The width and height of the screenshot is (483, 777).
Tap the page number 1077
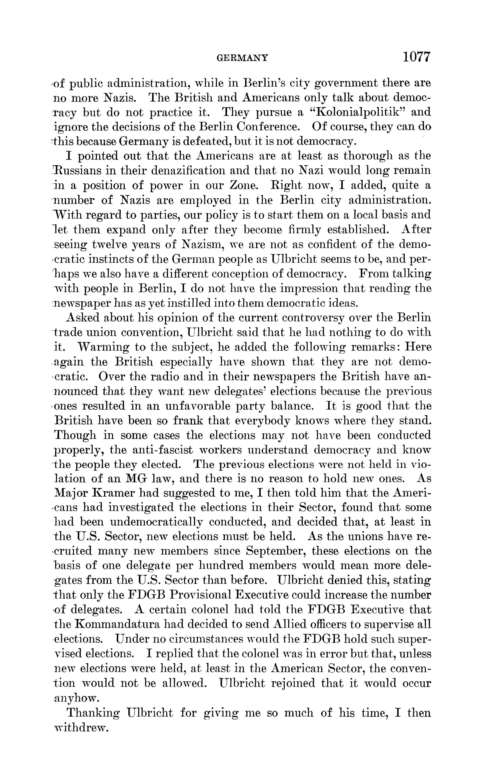point(417,57)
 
